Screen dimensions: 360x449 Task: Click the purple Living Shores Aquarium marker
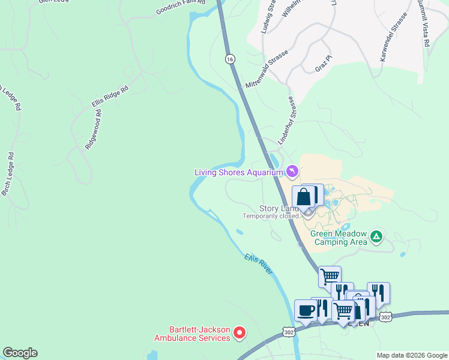[x=292, y=172]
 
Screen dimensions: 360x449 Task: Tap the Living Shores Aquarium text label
[x=238, y=173]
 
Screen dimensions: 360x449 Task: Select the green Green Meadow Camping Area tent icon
[x=376, y=236]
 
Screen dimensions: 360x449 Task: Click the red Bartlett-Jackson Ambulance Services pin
[x=240, y=332]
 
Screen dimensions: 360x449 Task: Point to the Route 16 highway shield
[x=229, y=59]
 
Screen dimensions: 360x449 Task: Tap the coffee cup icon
[x=306, y=311]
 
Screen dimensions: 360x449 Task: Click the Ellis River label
[x=259, y=264]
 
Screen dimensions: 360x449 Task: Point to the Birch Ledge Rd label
[x=8, y=174]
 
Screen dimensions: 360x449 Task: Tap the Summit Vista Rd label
[x=424, y=23]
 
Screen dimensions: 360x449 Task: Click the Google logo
[x=20, y=353]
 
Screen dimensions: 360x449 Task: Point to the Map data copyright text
[x=411, y=355]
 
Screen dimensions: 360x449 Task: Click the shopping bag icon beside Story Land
[x=304, y=196]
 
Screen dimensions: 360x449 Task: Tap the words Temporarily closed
[x=270, y=216]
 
